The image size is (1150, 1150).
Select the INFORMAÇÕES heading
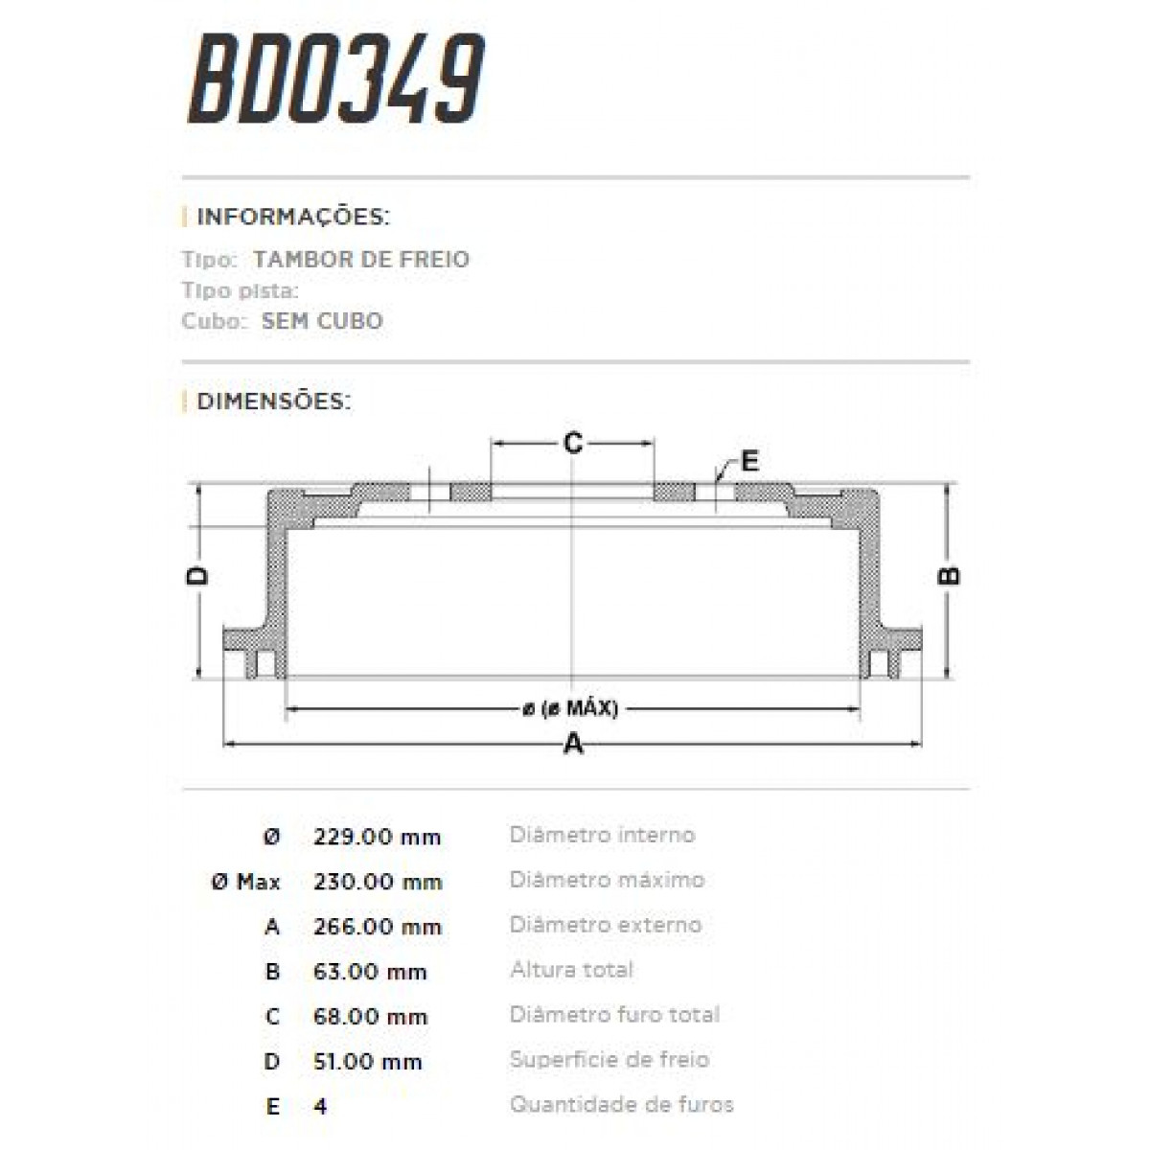click(x=292, y=217)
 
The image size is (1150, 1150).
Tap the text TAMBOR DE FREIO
click(x=361, y=259)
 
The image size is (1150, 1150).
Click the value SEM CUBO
click(x=321, y=321)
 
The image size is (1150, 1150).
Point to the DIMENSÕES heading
click(x=273, y=401)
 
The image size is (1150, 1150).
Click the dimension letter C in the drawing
click(x=572, y=443)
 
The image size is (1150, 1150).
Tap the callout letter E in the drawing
click(x=749, y=461)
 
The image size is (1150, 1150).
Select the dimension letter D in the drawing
click(x=197, y=576)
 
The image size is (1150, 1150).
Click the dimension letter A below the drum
click(x=572, y=744)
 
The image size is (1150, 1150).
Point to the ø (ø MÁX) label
click(x=571, y=709)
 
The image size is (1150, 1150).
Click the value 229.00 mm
click(x=377, y=837)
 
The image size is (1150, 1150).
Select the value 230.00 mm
click(x=378, y=882)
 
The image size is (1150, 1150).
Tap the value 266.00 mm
click(x=378, y=927)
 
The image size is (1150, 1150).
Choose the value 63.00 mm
click(x=370, y=972)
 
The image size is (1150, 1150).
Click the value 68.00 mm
click(x=370, y=1017)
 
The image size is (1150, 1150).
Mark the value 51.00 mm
click(x=368, y=1062)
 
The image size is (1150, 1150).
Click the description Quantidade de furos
click(x=621, y=1105)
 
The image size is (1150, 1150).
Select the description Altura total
click(x=571, y=970)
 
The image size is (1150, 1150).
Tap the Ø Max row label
click(x=245, y=882)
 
